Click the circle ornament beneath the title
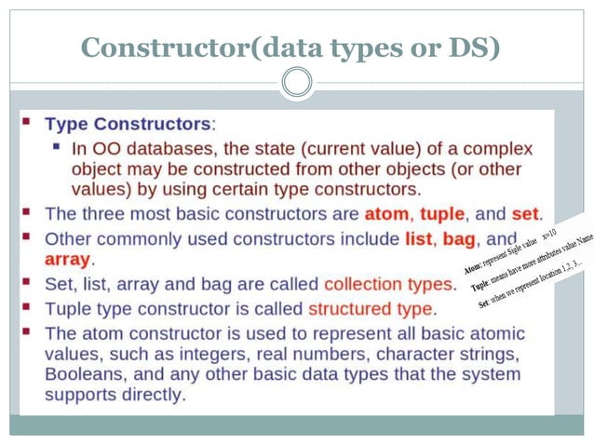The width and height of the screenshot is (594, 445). click(297, 84)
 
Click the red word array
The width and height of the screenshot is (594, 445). click(68, 259)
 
